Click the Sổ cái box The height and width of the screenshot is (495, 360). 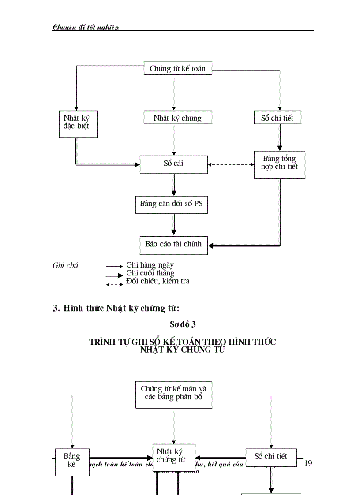point(173,164)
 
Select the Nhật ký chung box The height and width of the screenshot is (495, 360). point(177,118)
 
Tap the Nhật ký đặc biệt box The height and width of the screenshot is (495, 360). point(78,123)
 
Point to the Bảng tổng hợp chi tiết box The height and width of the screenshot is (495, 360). point(279,164)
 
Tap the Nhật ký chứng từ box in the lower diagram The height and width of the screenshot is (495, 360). point(173,457)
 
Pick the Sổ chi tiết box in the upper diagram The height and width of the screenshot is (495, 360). point(277,118)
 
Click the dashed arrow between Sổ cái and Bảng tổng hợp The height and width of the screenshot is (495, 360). point(231,164)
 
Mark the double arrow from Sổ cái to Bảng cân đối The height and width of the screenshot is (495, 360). point(173,185)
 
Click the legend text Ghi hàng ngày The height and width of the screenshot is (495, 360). point(150,265)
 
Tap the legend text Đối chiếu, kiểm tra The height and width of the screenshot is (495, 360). point(158,281)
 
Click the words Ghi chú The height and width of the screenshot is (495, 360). point(65,265)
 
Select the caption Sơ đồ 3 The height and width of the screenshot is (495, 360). point(183,324)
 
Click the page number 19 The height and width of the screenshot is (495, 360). point(308,463)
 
